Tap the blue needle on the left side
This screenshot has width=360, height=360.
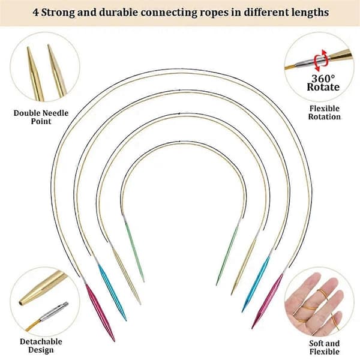(112, 292)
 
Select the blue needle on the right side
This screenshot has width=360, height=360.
(256, 284)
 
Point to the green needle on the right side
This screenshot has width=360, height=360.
(227, 256)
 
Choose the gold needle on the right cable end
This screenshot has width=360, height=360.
(244, 267)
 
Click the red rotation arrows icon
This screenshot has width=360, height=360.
(321, 60)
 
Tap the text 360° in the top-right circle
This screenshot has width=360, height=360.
(323, 79)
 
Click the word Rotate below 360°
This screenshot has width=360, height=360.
(323, 87)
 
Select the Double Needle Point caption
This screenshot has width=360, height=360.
(41, 117)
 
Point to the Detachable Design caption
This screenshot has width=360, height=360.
(41, 346)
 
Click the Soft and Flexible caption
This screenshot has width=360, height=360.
(324, 347)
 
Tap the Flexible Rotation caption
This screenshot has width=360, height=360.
(324, 113)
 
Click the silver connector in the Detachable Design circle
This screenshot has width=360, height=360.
(54, 311)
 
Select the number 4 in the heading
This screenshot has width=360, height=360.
(35, 13)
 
